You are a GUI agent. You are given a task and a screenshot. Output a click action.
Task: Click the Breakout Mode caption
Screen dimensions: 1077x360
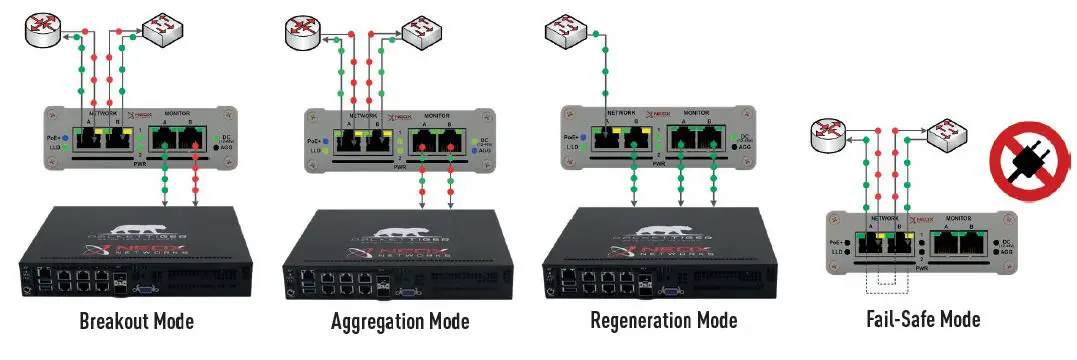pyautogui.click(x=138, y=321)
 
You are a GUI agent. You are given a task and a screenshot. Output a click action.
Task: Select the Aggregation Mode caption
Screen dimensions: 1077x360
pyautogui.click(x=399, y=321)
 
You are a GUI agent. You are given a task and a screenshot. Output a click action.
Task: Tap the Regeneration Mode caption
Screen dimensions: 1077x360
pyautogui.click(x=663, y=321)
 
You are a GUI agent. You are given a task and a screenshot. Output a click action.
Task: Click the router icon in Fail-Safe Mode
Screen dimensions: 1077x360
pyautogui.click(x=830, y=137)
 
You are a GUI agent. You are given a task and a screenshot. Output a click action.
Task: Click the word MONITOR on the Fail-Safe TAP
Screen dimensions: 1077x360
pyautogui.click(x=959, y=216)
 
